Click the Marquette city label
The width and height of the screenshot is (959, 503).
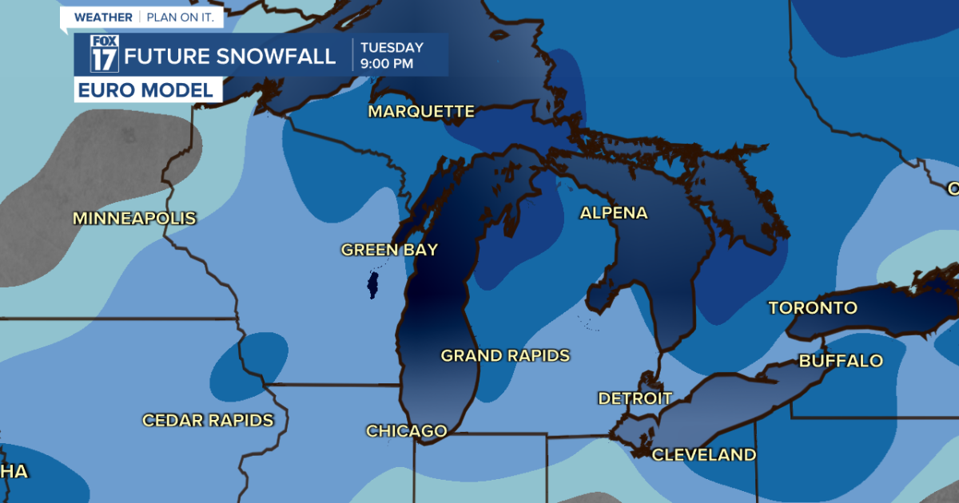(421, 112)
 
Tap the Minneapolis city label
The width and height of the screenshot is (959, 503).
(134, 218)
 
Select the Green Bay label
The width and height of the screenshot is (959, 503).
(389, 250)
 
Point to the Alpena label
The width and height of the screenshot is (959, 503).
(614, 213)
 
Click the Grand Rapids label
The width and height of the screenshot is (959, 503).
(505, 355)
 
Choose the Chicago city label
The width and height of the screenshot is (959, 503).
(406, 431)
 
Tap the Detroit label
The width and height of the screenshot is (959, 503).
(635, 398)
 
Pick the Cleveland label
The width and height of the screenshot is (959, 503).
(703, 455)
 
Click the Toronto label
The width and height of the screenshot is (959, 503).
(813, 307)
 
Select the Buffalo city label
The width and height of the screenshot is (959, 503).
(841, 361)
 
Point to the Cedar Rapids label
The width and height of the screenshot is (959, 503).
(208, 420)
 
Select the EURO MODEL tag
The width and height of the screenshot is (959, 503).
(148, 90)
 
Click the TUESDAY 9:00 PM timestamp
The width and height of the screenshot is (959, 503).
(392, 55)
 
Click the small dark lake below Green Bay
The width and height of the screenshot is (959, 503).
(372, 284)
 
